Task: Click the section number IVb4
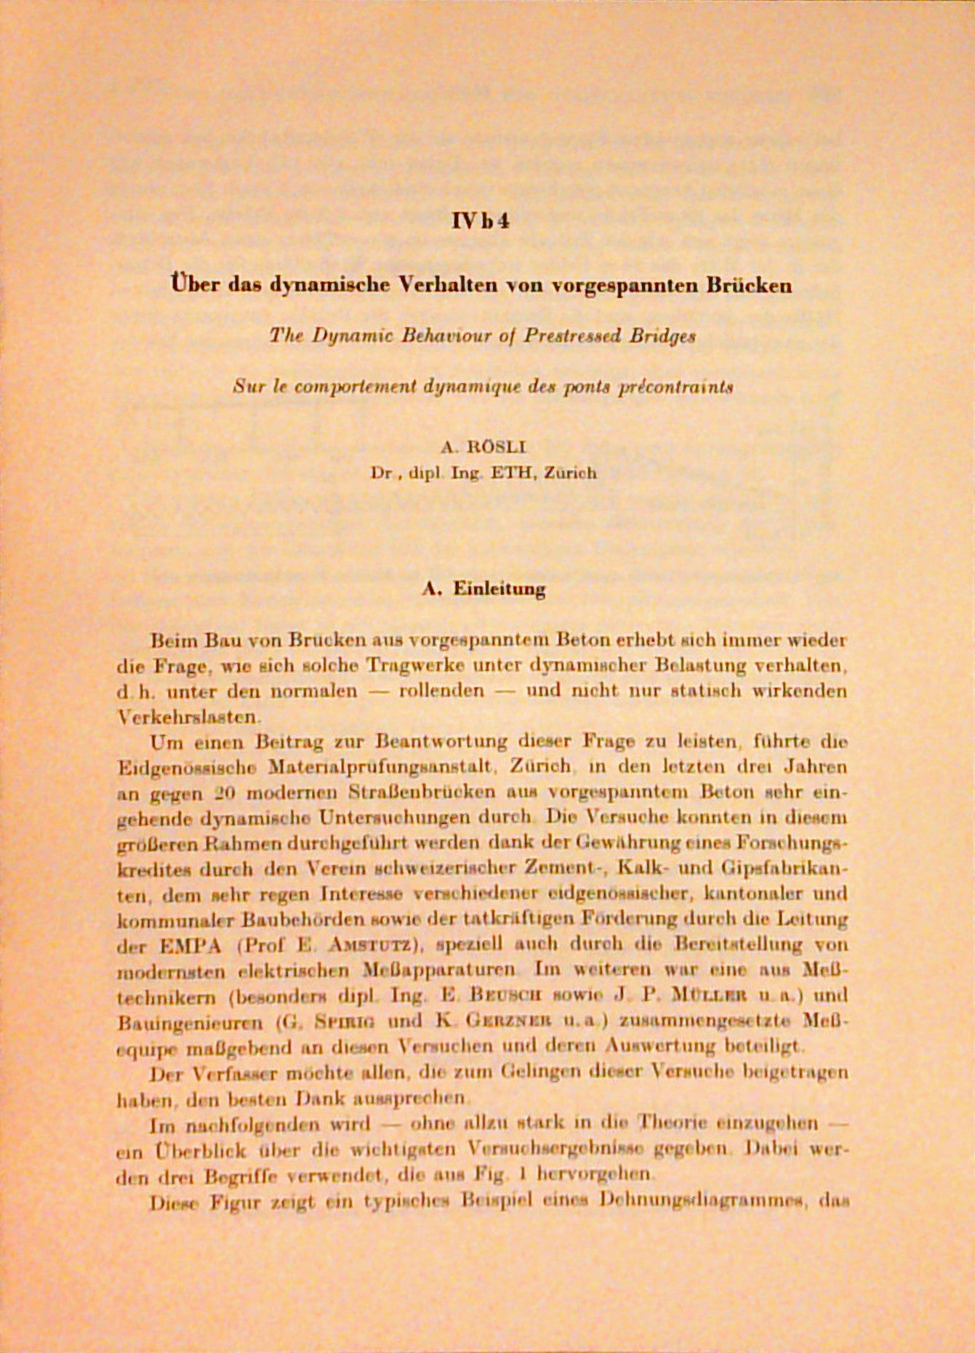(x=480, y=220)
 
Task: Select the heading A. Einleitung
(x=484, y=588)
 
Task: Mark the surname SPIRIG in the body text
(x=345, y=1021)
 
